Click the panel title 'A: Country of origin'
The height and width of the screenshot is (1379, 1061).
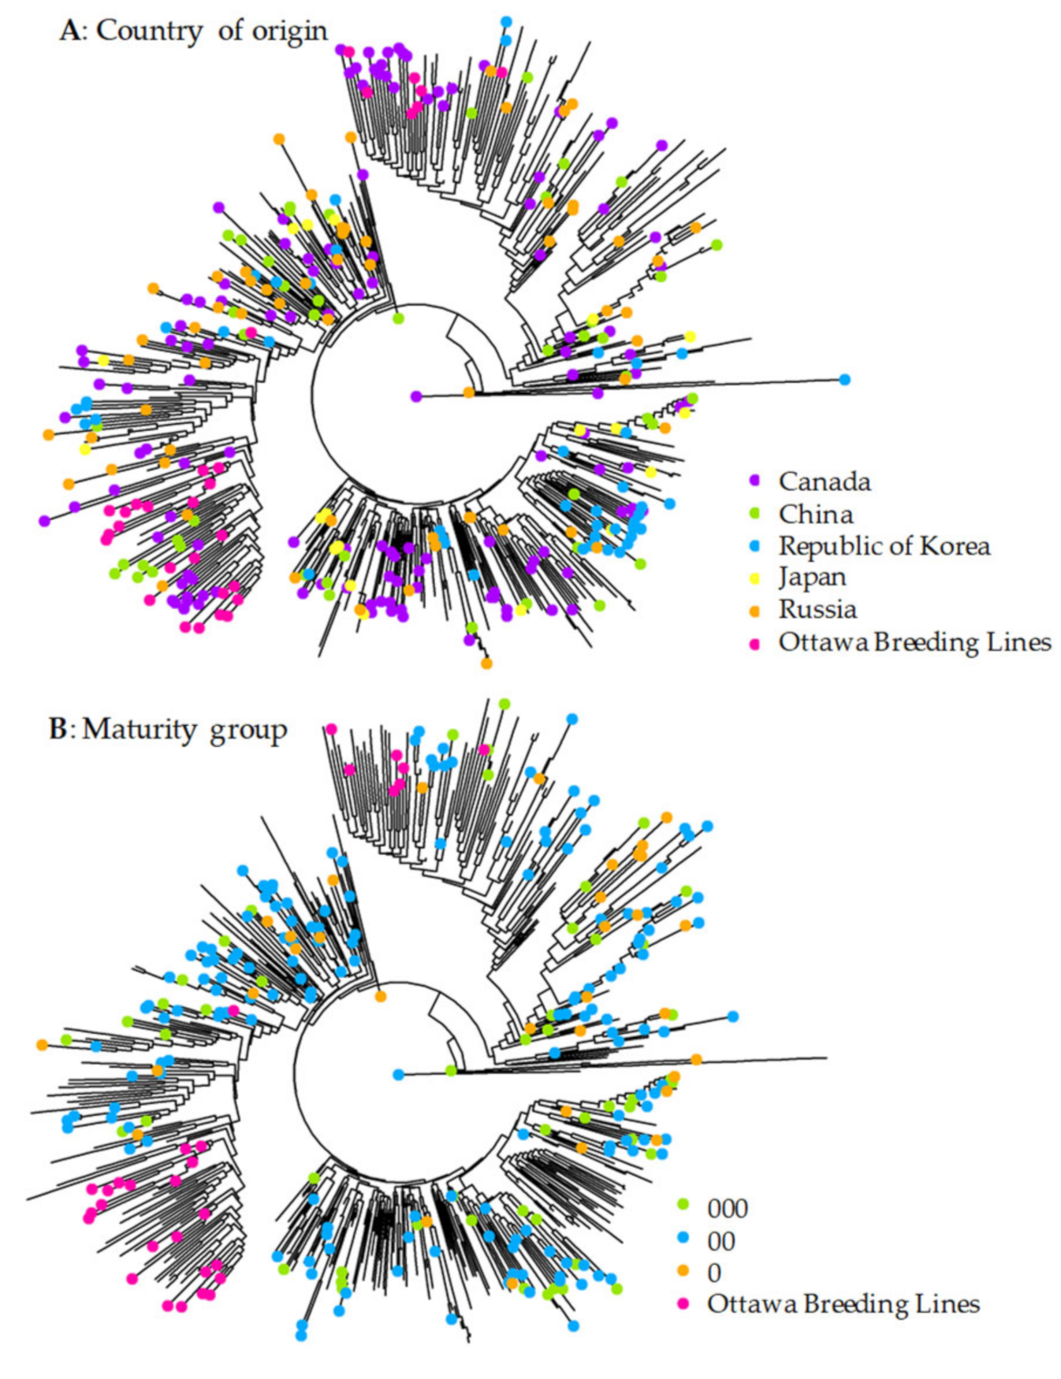(x=193, y=32)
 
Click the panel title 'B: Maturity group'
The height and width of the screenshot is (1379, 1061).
(x=168, y=730)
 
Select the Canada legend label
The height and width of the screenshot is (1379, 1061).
(x=825, y=481)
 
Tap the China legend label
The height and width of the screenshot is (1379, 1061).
(x=816, y=514)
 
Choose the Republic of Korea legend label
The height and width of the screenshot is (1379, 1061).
(x=884, y=545)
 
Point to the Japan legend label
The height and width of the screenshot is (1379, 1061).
(x=812, y=577)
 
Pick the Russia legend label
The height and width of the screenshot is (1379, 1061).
(x=817, y=609)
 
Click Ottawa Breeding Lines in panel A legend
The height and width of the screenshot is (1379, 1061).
(x=914, y=642)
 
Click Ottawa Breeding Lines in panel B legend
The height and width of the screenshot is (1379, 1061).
(x=843, y=1304)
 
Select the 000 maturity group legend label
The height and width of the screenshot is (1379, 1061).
(x=727, y=1208)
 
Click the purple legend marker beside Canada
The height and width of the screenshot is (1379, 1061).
(x=754, y=480)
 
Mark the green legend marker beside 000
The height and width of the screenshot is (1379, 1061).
(x=683, y=1205)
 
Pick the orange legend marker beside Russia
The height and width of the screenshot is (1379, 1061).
(x=754, y=611)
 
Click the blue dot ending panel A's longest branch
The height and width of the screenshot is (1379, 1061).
(x=845, y=380)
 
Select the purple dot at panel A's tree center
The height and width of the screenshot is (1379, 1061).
(x=416, y=396)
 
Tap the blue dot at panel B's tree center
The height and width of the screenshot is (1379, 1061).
(x=399, y=1074)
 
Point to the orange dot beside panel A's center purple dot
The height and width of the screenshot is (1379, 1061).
(x=469, y=392)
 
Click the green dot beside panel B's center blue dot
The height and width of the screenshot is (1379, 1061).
(x=451, y=1070)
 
